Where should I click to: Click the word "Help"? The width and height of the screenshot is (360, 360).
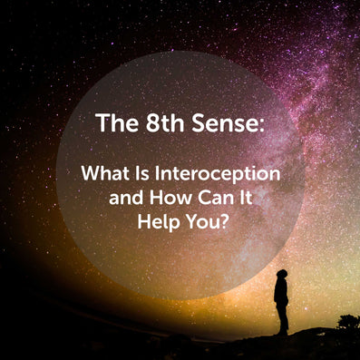coord(158,223)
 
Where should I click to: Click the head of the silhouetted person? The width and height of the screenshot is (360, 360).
coord(282,274)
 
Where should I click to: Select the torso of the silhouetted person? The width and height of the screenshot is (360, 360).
coord(281,291)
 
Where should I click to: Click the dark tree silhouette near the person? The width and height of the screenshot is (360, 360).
coord(348,322)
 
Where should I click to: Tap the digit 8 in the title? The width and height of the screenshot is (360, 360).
coord(152,123)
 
